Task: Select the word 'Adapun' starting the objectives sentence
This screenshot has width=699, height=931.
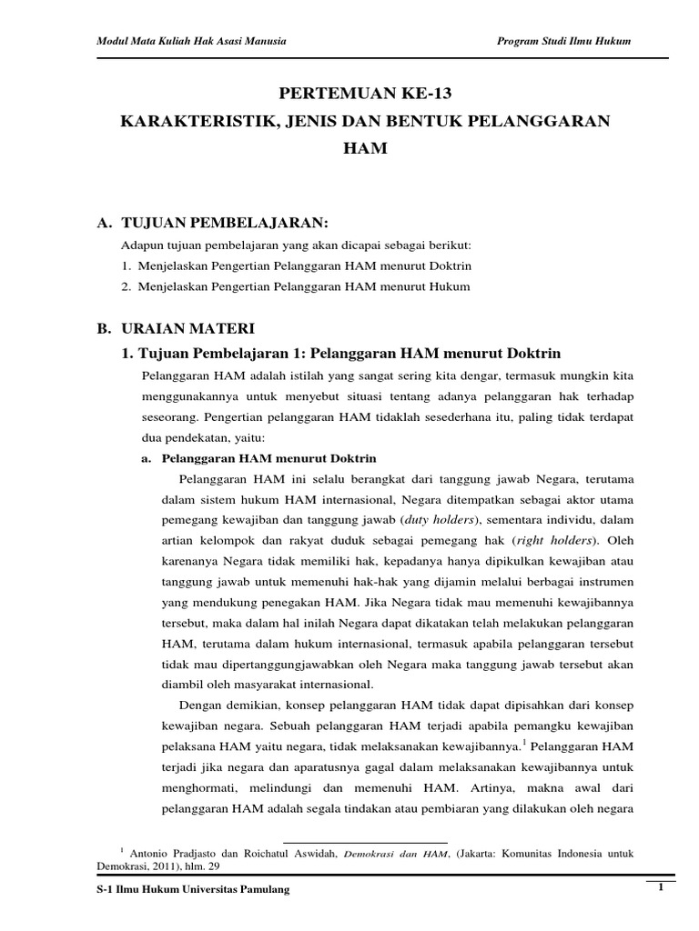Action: pyautogui.click(x=140, y=246)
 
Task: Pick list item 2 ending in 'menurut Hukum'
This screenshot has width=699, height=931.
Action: pyautogui.click(x=296, y=286)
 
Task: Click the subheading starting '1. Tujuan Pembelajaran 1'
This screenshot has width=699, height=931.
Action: pyautogui.click(x=341, y=352)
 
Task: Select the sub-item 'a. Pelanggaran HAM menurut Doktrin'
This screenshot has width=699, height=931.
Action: pyautogui.click(x=258, y=458)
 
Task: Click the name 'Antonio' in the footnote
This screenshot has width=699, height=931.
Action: pyautogui.click(x=149, y=854)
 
